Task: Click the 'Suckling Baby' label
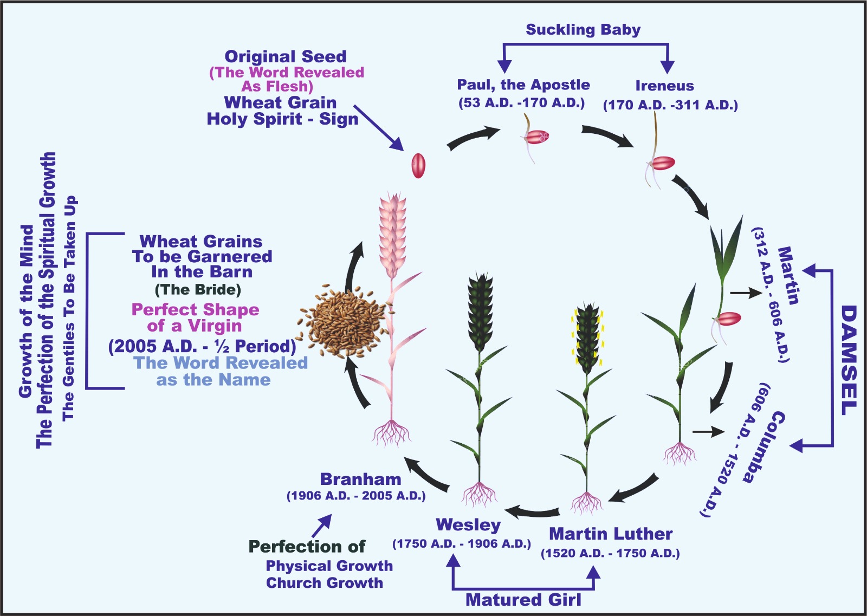pyautogui.click(x=583, y=30)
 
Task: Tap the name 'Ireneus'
pyautogui.click(x=664, y=86)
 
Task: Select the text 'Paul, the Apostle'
pyautogui.click(x=523, y=85)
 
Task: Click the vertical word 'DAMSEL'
pyautogui.click(x=849, y=360)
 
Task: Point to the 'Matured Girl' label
pyautogui.click(x=523, y=600)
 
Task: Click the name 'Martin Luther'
pyautogui.click(x=611, y=534)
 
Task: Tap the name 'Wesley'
pyautogui.click(x=468, y=524)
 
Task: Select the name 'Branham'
pyautogui.click(x=360, y=479)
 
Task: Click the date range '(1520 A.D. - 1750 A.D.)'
pyautogui.click(x=610, y=553)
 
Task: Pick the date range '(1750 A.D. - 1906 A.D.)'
pyautogui.click(x=462, y=543)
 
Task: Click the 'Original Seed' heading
pyautogui.click(x=286, y=56)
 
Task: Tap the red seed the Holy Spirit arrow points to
pyautogui.click(x=418, y=165)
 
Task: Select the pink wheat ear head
pyautogui.click(x=392, y=233)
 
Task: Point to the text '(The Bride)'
pyautogui.click(x=198, y=289)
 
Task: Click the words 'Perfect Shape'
pyautogui.click(x=195, y=309)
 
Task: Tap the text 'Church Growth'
pyautogui.click(x=324, y=583)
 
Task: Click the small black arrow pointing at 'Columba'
pyautogui.click(x=708, y=432)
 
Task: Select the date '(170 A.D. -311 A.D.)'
pyautogui.click(x=670, y=105)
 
